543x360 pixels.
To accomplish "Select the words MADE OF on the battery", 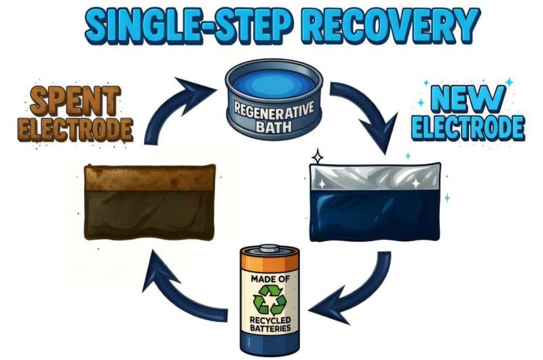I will coord(271,281).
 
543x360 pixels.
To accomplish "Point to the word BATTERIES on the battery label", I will coord(271,329).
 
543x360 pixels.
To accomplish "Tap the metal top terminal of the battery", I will coord(271,249).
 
